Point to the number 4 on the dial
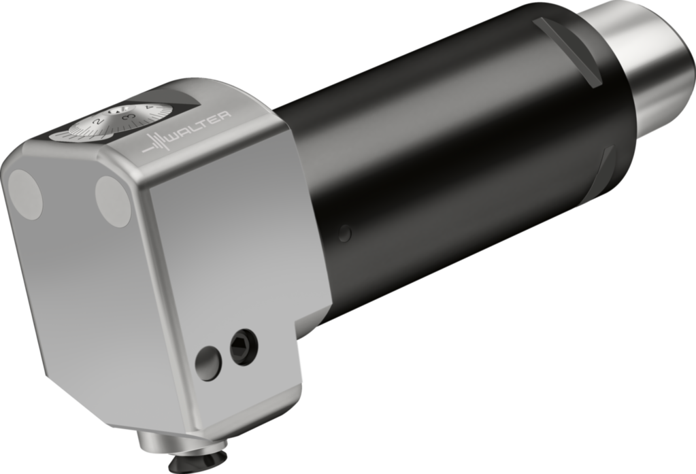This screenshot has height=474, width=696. pyautogui.click(x=149, y=109)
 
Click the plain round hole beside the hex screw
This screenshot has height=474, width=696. pyautogui.click(x=208, y=362)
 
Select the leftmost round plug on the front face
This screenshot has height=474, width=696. pyautogui.click(x=25, y=194)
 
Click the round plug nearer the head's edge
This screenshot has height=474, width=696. pyautogui.click(x=113, y=201)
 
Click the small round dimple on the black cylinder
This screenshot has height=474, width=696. pyautogui.click(x=345, y=234)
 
